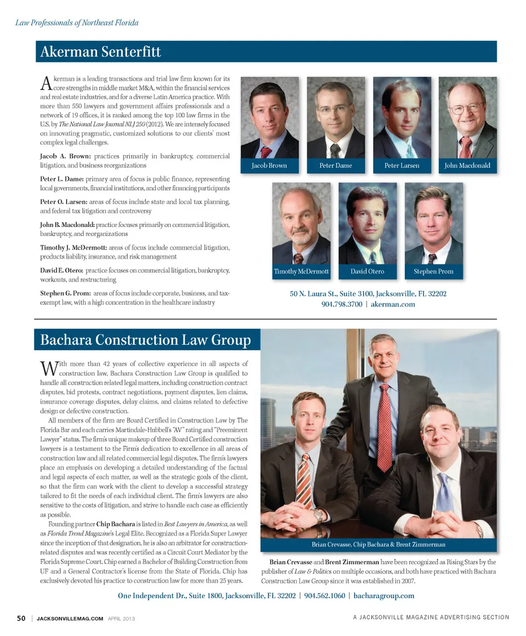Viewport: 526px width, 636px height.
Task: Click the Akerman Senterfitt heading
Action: point(101,52)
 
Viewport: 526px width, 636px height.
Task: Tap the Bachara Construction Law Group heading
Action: point(145,340)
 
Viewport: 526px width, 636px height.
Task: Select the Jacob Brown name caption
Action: point(269,166)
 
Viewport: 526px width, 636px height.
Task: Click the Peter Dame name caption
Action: point(335,166)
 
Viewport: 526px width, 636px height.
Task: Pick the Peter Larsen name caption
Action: point(402,166)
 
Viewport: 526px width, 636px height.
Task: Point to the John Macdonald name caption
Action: point(467,166)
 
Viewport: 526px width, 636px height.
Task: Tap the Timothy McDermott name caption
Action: point(301,272)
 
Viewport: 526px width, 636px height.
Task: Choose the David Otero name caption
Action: point(367,272)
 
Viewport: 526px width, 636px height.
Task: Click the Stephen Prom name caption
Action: point(433,272)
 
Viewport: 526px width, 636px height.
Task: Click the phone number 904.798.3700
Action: point(341,304)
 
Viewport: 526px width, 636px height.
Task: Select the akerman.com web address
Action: point(393,304)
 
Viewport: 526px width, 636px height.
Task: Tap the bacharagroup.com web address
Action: point(384,595)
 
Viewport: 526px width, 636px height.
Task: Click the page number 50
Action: point(21,618)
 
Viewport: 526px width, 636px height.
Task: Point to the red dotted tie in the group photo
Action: point(385,428)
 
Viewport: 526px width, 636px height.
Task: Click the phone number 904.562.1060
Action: point(324,595)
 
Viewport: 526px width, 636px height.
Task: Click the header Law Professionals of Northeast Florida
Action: point(76,23)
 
